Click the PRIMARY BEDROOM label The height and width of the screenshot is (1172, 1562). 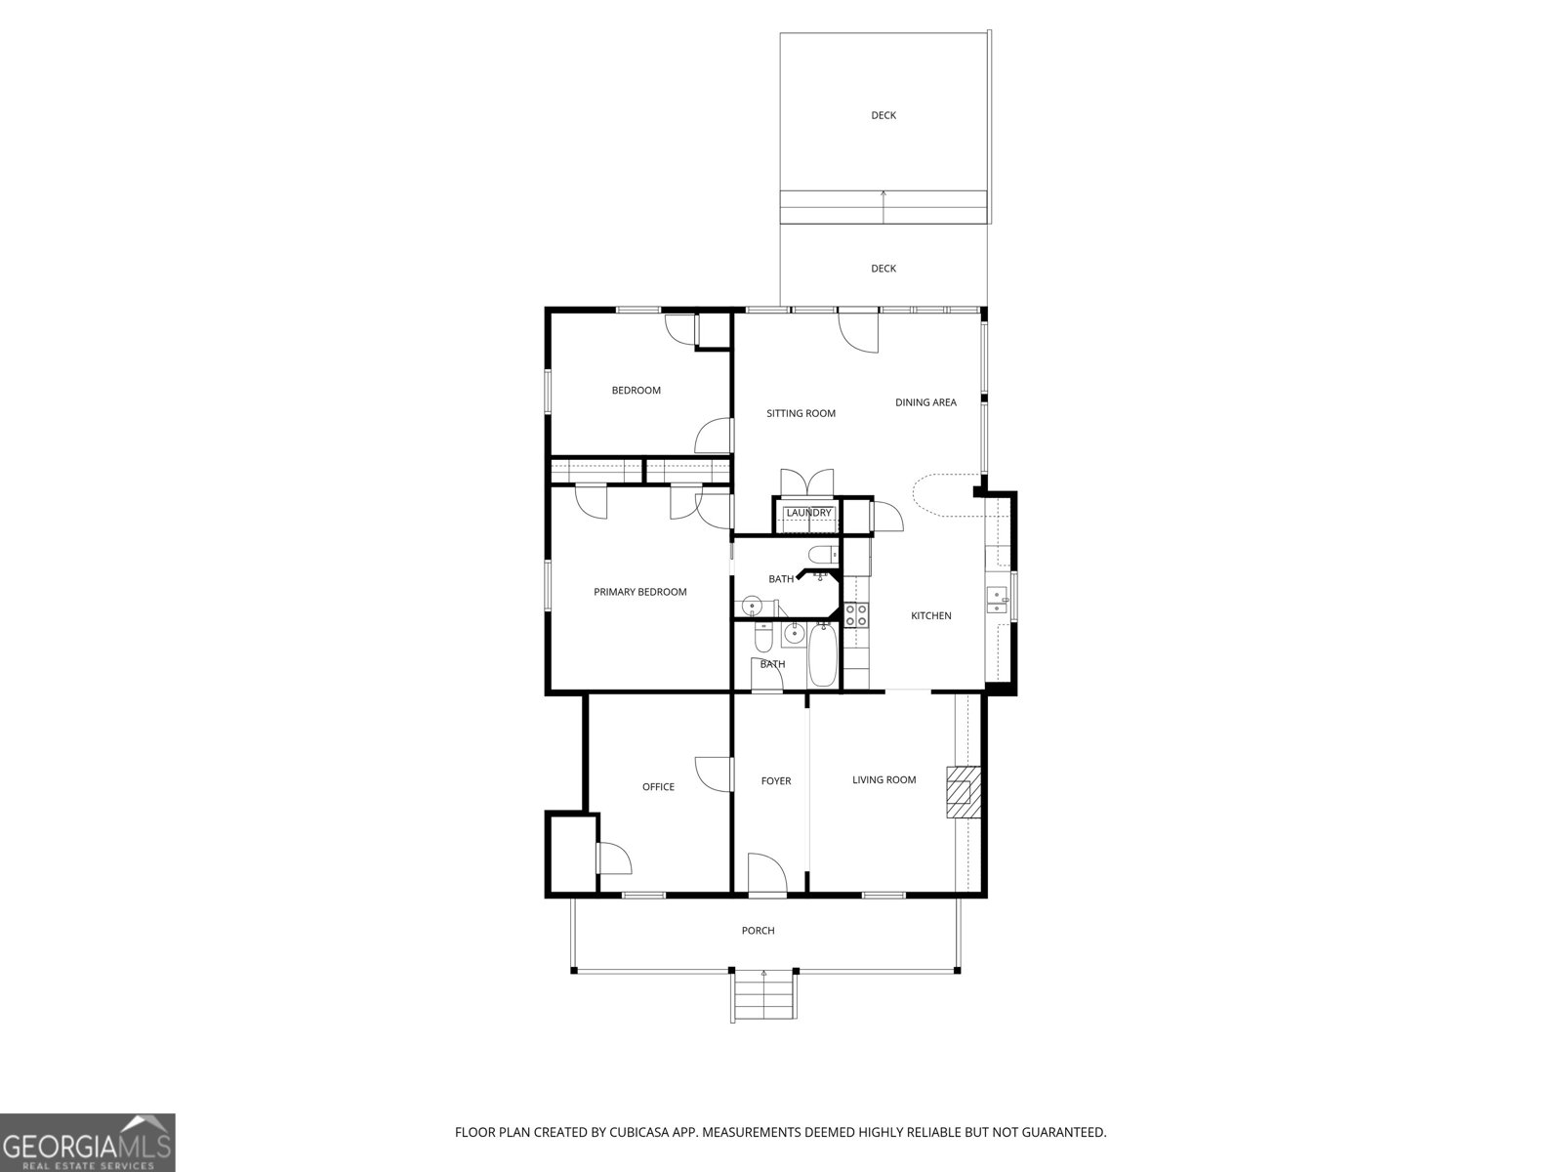tap(639, 592)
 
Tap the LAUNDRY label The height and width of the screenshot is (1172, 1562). tap(808, 513)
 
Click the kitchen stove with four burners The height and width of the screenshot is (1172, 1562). tap(856, 615)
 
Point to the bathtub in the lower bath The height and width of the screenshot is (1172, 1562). tap(822, 656)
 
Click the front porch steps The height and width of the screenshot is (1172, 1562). tap(763, 994)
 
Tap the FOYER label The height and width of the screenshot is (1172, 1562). tap(776, 780)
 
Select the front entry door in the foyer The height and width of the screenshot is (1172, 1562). tap(766, 874)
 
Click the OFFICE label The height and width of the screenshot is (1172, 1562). tap(658, 786)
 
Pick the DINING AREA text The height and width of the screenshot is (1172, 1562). tap(925, 402)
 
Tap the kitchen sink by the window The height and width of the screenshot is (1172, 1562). tap(997, 599)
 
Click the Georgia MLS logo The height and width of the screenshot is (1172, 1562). tap(87, 1141)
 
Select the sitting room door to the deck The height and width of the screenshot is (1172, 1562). tap(858, 332)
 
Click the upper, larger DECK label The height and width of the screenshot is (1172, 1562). tap(883, 115)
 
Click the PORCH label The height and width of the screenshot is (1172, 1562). tap(758, 931)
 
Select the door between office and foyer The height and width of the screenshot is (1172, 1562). tap(715, 774)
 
